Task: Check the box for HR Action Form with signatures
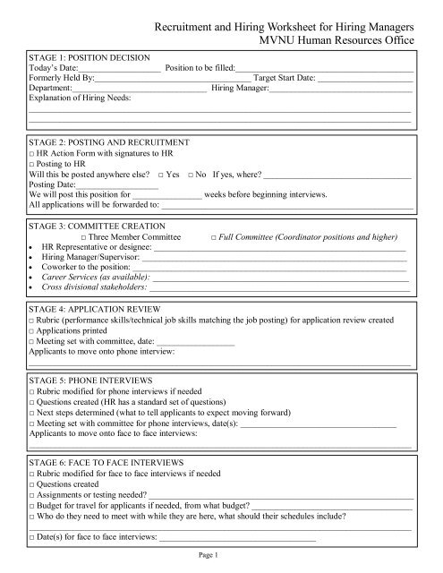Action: [x=32, y=154]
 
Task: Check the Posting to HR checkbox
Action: [x=32, y=165]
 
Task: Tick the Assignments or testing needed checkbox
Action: [x=32, y=494]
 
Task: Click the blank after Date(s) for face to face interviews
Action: [x=237, y=538]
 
